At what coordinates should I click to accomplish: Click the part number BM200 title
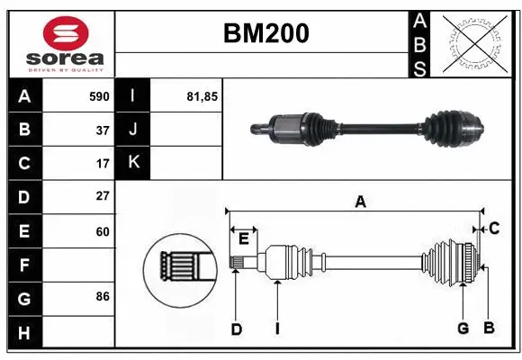point(265,33)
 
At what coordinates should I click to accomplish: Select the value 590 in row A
point(98,96)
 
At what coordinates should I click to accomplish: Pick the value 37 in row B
point(102,130)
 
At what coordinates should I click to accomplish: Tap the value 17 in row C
point(102,164)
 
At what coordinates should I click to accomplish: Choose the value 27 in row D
point(102,196)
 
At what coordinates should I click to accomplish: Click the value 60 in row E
point(102,231)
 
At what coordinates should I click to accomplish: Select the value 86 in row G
point(102,296)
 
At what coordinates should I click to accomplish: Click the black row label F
point(24,265)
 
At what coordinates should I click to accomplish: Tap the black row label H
point(24,332)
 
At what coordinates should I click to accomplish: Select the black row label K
point(134,163)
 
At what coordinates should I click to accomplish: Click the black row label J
point(134,130)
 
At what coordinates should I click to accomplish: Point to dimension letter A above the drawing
point(360,202)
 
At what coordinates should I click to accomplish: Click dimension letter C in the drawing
point(494,229)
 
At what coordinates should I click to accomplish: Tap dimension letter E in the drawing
point(243,238)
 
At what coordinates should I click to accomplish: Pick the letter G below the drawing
point(463,328)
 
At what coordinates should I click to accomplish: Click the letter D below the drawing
point(236,329)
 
